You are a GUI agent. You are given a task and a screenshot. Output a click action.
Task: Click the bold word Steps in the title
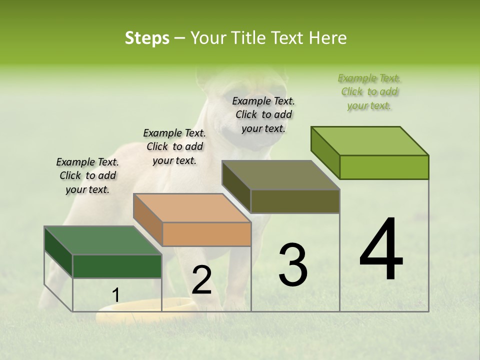pyautogui.click(x=147, y=38)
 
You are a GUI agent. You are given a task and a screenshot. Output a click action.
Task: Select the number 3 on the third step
pyautogui.click(x=292, y=264)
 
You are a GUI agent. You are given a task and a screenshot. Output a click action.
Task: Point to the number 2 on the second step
pyautogui.click(x=201, y=280)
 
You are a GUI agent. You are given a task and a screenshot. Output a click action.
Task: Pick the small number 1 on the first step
pyautogui.click(x=115, y=295)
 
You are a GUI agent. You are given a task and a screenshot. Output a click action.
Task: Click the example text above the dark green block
pyautogui.click(x=87, y=175)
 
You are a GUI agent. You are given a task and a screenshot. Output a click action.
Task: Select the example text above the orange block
pyautogui.click(x=174, y=146)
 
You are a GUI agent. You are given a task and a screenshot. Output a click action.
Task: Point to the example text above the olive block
pyautogui.click(x=263, y=114)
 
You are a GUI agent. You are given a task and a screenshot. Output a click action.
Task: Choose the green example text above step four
pyautogui.click(x=369, y=91)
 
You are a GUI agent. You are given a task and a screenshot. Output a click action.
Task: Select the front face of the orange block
pyautogui.click(x=207, y=234)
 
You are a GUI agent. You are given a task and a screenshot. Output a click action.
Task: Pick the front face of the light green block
pyautogui.click(x=384, y=167)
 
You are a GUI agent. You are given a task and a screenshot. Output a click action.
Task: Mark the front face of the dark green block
pyautogui.click(x=117, y=266)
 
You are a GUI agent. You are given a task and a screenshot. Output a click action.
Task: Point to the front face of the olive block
pyautogui.click(x=295, y=201)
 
